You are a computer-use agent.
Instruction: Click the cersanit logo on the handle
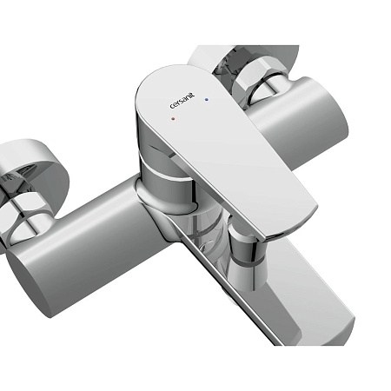(x=182, y=101)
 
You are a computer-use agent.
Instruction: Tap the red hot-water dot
(x=173, y=118)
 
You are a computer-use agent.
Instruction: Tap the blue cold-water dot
(x=206, y=100)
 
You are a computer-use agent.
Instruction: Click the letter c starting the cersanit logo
(x=172, y=107)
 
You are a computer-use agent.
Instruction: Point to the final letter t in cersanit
(x=193, y=95)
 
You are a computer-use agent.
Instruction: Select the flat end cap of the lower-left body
(x=29, y=284)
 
